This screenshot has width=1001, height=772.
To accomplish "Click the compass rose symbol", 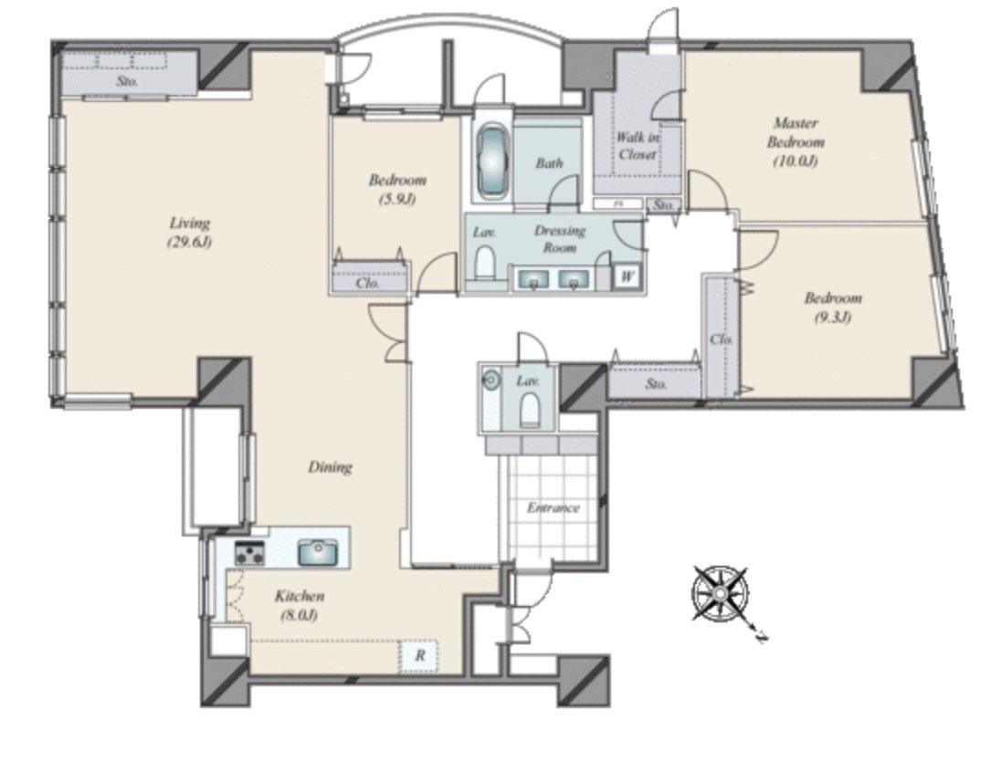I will (x=720, y=594).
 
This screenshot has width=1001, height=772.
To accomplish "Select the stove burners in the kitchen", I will (x=249, y=552).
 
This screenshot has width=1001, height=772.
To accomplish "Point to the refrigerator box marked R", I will (x=419, y=655).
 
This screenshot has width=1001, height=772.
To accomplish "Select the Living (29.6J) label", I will (x=189, y=232).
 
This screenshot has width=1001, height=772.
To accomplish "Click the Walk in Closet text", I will (x=637, y=146).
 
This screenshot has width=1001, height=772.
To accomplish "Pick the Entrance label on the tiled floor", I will (x=553, y=507).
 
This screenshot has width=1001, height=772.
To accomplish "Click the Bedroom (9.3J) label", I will (x=832, y=308).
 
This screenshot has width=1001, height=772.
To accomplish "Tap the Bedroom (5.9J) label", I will (x=397, y=189).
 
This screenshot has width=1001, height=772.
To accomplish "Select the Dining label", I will (x=330, y=467).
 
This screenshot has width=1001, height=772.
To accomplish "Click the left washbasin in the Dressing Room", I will (x=532, y=279).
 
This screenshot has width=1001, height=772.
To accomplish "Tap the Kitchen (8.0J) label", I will (x=299, y=605).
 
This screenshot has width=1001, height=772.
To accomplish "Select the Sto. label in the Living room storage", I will (x=127, y=81).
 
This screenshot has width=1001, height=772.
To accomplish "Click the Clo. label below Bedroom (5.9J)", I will (x=368, y=283).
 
